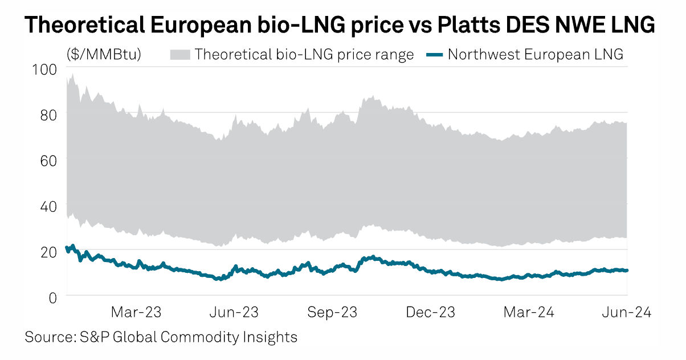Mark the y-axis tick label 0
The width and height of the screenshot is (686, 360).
pyautogui.click(x=53, y=297)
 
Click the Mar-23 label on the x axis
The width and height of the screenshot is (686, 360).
pyautogui.click(x=136, y=313)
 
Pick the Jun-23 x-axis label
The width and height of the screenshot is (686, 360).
pyautogui.click(x=234, y=313)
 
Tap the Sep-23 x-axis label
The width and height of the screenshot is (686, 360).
pyautogui.click(x=332, y=313)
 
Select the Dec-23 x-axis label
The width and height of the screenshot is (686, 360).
pyautogui.click(x=431, y=313)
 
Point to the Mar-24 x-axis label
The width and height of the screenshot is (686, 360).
pyautogui.click(x=529, y=313)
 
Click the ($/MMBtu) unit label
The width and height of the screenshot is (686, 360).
pyautogui.click(x=104, y=55)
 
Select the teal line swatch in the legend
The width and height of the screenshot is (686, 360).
pyautogui.click(x=434, y=55)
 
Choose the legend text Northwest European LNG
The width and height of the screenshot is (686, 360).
pyautogui.click(x=536, y=55)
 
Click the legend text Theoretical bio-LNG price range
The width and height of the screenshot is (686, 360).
pyautogui.click(x=304, y=55)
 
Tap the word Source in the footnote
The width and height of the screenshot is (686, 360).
pyautogui.click(x=46, y=337)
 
